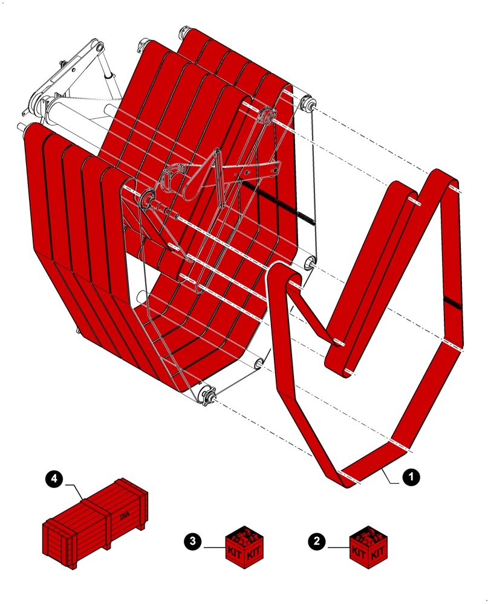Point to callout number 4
point(54,480)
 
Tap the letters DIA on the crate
point(125,515)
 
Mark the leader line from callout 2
point(338,547)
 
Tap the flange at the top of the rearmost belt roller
point(185,32)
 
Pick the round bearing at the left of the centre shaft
point(145,197)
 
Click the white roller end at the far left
point(22,127)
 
